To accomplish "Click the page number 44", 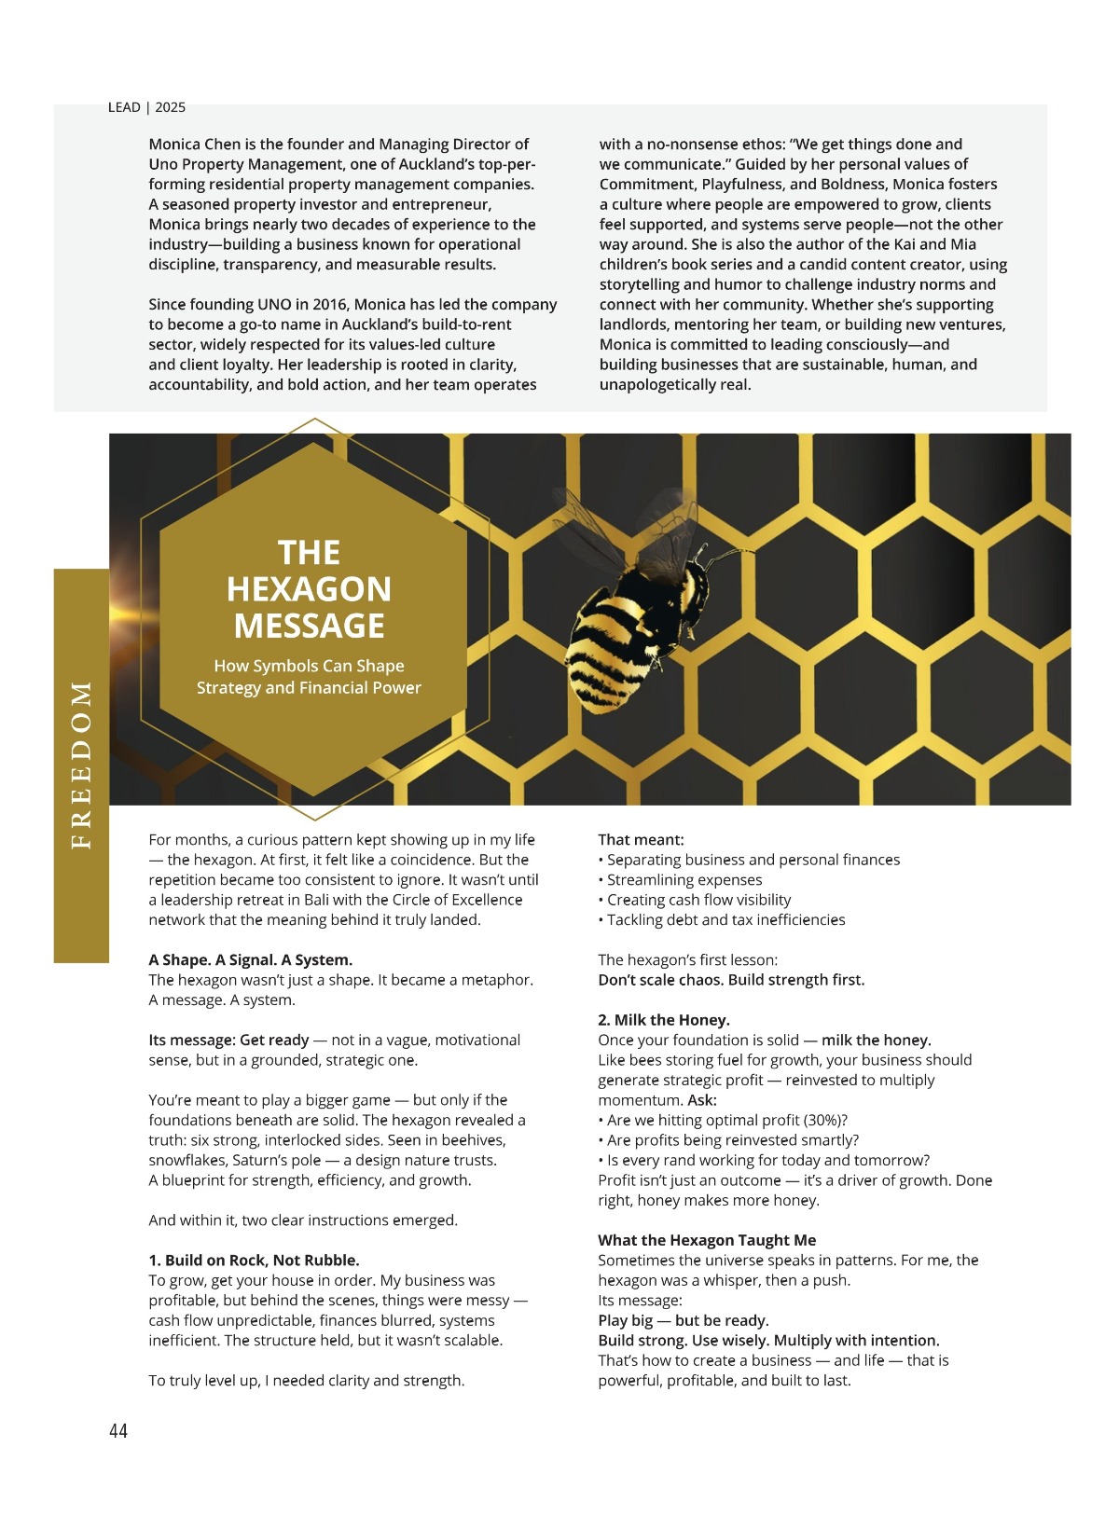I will coord(118,1430).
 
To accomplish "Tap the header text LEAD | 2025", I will coord(146,107).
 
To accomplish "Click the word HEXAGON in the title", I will coord(309,589).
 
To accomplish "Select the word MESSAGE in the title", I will coord(309,626).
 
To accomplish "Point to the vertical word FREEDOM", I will coord(82,765).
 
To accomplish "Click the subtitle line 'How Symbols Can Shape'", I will coord(309,666).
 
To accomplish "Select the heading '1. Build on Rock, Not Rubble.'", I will coord(254,1260).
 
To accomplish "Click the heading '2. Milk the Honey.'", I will coord(664,1019).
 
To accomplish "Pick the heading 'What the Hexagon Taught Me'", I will coord(707,1239).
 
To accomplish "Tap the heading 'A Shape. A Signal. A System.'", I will coord(250,959).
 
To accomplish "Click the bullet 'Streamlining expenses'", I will coord(684,879).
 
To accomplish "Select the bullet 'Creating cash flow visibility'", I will coord(698,900).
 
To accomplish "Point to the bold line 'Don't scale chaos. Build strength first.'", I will coord(731,979).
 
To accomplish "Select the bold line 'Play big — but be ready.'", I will coord(683,1320).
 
